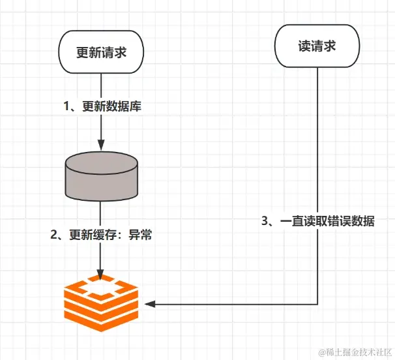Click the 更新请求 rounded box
pos(100,53)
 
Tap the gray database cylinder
pos(100,175)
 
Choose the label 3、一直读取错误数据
pos(318,221)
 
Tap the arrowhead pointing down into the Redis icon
pos(100,273)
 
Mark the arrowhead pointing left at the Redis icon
pos(149,305)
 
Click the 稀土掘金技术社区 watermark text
pos(355,352)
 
